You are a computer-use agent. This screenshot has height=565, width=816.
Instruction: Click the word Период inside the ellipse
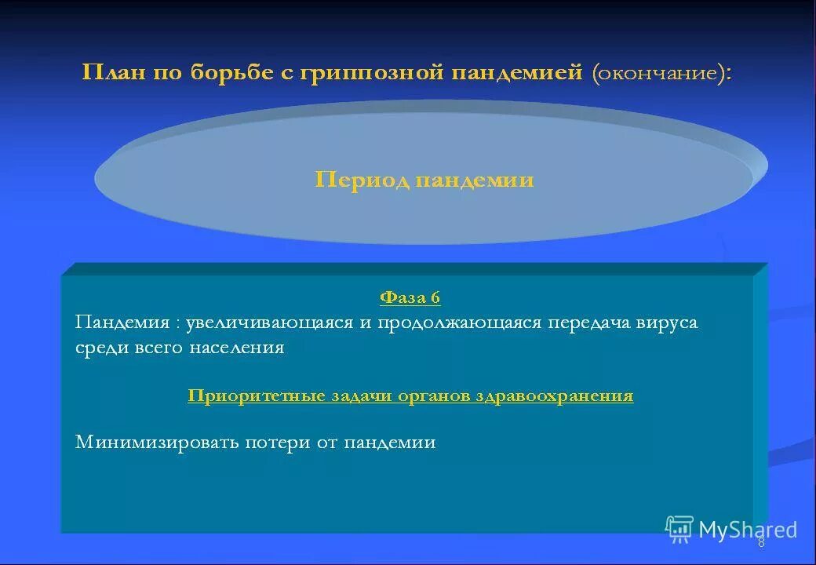(362, 180)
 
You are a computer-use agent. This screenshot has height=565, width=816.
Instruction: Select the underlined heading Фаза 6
(410, 297)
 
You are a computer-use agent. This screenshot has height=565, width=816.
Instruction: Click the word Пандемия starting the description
(122, 323)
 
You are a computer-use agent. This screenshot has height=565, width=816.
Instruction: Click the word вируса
(667, 323)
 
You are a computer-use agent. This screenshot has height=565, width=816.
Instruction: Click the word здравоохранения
(554, 396)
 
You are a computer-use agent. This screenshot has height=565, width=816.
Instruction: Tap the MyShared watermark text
(747, 530)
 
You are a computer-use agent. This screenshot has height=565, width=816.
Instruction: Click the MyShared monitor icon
(679, 529)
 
